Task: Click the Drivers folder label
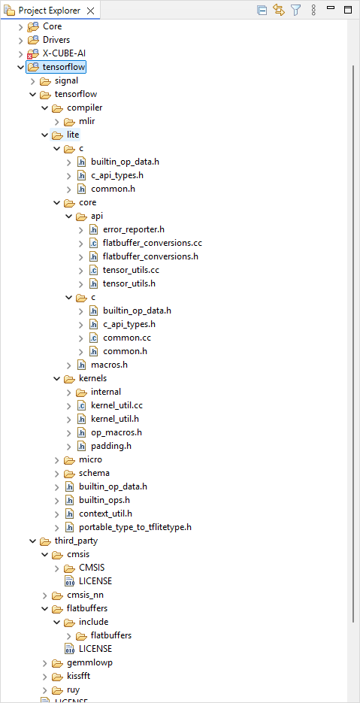coord(56,40)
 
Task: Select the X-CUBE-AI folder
coord(64,53)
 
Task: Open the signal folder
coord(66,80)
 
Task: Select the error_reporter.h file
coord(134,229)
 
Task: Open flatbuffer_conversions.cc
coord(153,243)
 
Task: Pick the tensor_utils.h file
coord(129,283)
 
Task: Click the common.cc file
coord(123,338)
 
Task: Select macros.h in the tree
coord(109,365)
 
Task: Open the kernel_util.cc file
coord(116,405)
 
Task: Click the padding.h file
coord(110,446)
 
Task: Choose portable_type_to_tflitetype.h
coord(135,527)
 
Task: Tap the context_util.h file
coord(105,514)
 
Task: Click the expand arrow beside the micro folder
coord(56,459)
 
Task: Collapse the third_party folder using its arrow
coord(32,541)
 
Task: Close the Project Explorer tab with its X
coord(90,11)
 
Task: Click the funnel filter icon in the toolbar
coord(295,10)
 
